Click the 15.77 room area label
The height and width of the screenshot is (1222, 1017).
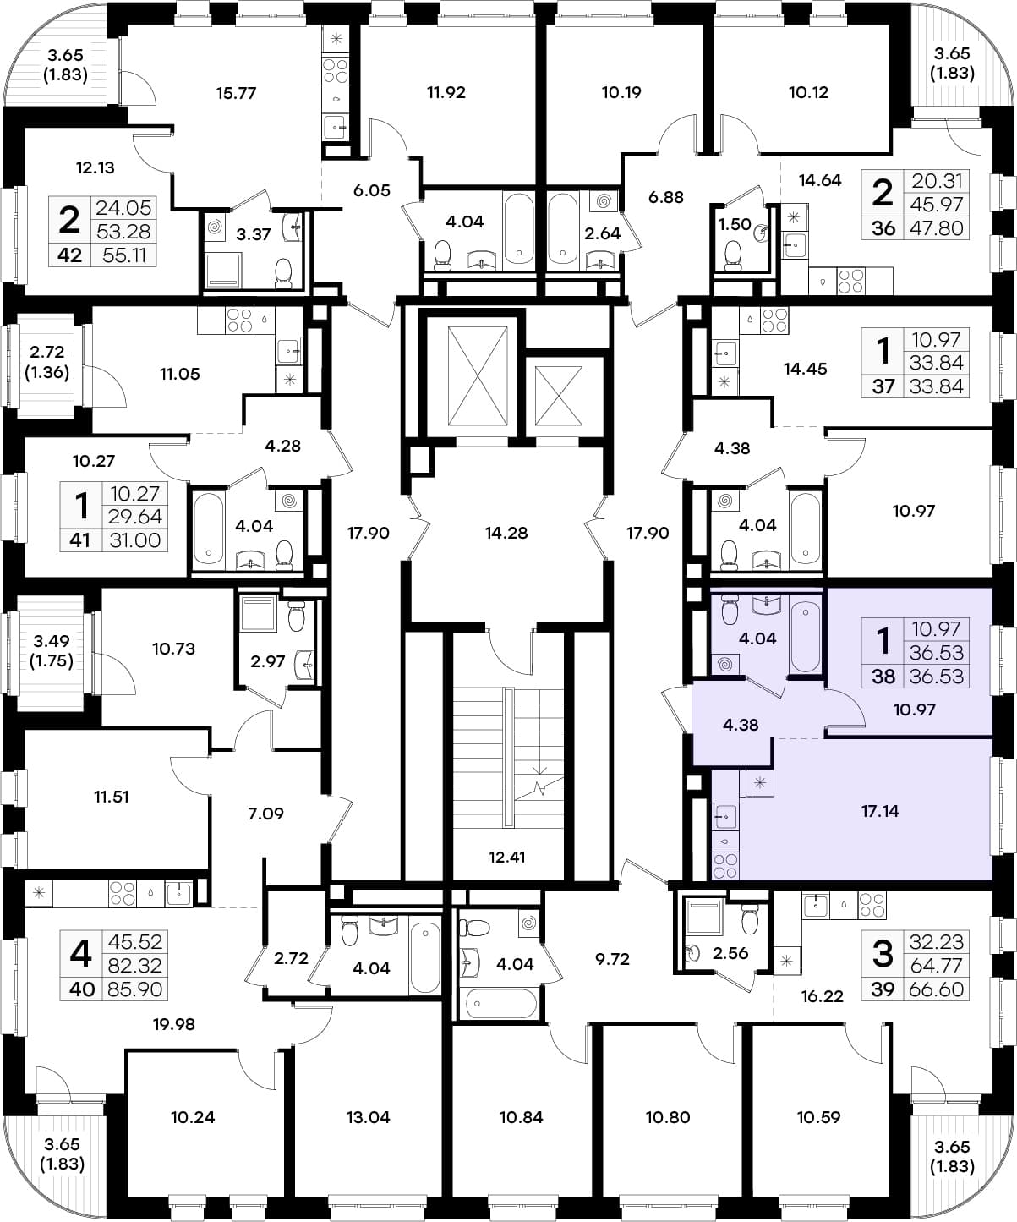[236, 93]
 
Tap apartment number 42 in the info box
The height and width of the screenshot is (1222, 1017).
[69, 255]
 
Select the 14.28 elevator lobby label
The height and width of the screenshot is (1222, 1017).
[506, 533]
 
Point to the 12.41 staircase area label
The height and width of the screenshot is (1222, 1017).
[506, 858]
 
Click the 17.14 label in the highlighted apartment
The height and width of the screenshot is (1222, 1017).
[880, 811]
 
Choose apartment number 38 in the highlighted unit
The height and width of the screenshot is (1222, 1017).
[883, 677]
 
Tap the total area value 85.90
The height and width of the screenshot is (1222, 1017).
[134, 989]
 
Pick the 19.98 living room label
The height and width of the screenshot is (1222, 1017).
[174, 1024]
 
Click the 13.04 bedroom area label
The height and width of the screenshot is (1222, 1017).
[368, 1117]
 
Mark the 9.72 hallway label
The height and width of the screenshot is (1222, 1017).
[612, 959]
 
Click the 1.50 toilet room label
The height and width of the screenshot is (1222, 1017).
[735, 224]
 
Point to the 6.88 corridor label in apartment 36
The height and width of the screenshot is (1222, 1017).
[666, 197]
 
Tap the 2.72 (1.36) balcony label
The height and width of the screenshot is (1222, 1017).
[46, 362]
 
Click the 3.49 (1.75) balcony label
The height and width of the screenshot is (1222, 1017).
[52, 651]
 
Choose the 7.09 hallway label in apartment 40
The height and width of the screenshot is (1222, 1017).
[265, 814]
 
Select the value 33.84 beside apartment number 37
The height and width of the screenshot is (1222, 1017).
[936, 386]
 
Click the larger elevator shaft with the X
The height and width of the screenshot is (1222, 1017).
[478, 375]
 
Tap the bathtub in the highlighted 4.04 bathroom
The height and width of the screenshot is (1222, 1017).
[805, 638]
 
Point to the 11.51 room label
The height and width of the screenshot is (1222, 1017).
[112, 797]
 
